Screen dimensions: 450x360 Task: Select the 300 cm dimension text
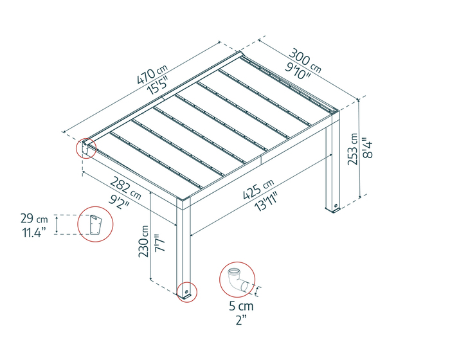305,60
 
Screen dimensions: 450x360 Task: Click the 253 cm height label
353,148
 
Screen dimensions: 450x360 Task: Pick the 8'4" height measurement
367,148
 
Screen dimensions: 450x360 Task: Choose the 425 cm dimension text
258,189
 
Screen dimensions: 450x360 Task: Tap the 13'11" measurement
267,202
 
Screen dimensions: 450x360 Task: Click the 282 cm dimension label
126,188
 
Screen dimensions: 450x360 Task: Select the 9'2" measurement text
119,201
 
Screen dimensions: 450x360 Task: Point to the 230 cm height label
143,241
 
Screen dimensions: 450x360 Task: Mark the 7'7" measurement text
160,242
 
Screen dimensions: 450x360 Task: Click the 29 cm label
34,219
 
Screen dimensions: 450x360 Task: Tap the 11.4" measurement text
34,233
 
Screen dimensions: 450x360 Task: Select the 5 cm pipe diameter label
241,306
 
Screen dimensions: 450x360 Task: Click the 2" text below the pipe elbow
241,319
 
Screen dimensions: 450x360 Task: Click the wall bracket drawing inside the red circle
96,224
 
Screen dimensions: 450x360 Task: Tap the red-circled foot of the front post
187,293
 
